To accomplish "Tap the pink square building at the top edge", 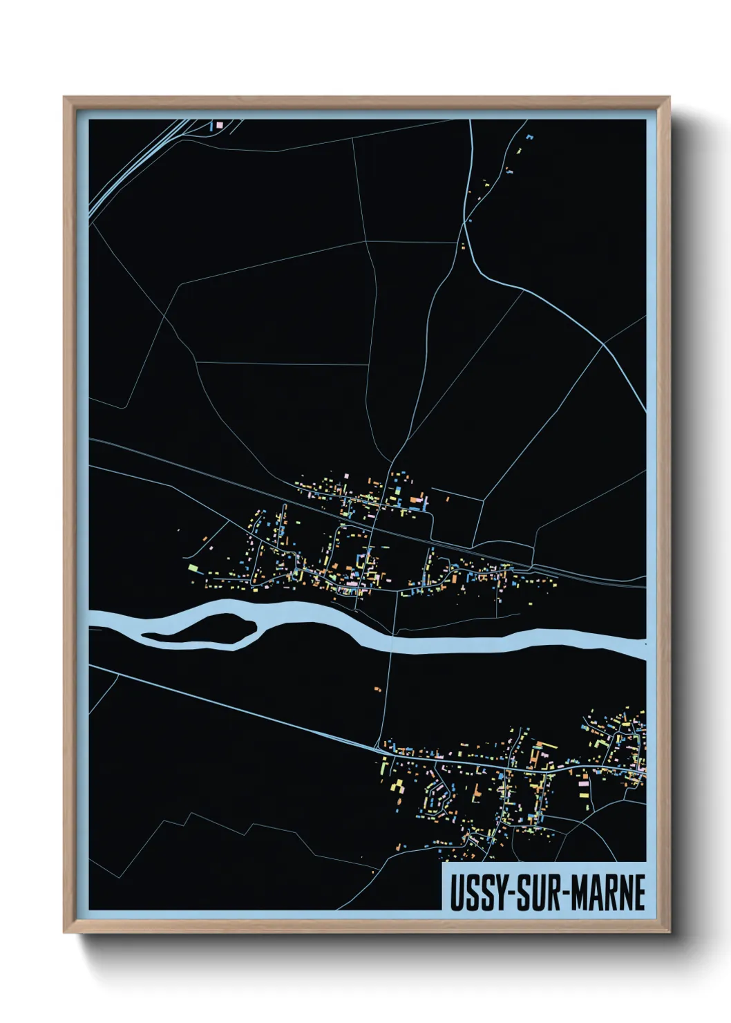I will tap(220, 125).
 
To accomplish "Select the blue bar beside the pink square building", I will tap(211, 126).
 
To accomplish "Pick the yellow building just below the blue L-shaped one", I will tap(519, 150).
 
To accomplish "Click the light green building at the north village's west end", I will tap(193, 568).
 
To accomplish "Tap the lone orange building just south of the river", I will tap(377, 689).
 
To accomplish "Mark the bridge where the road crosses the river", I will tap(392, 642).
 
